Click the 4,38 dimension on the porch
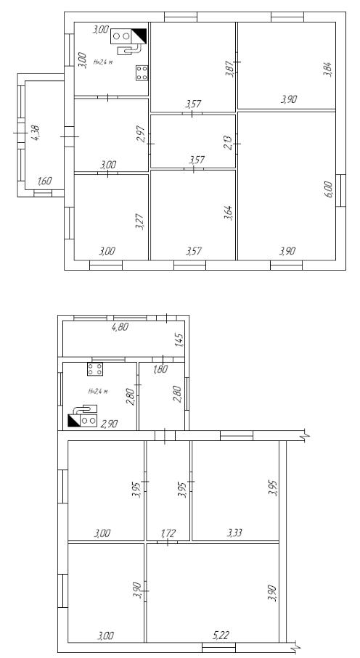36,133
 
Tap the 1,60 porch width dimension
44,181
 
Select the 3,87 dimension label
229,68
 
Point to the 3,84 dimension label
328,69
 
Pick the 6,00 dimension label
328,189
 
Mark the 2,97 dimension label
141,134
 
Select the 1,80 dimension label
160,369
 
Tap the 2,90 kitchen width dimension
109,424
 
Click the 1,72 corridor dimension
168,533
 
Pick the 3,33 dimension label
235,533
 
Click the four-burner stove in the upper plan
142,73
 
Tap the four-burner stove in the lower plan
95,369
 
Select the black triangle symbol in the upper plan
139,36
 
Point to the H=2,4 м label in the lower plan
98,391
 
